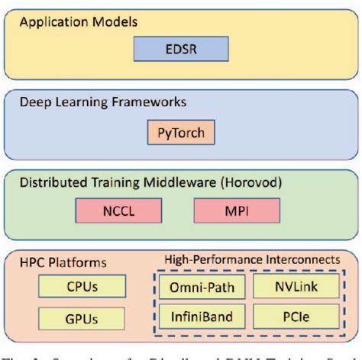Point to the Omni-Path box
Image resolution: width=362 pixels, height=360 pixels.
coord(202,288)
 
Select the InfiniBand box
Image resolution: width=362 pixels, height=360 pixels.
coord(202,316)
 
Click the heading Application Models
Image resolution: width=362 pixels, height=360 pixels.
coord(78,22)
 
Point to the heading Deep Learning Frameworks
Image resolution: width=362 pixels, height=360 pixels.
coord(102,101)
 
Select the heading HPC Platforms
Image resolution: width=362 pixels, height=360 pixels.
coord(63,262)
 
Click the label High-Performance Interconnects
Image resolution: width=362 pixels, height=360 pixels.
coord(253,260)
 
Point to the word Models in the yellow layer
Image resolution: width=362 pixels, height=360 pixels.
coord(115,22)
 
